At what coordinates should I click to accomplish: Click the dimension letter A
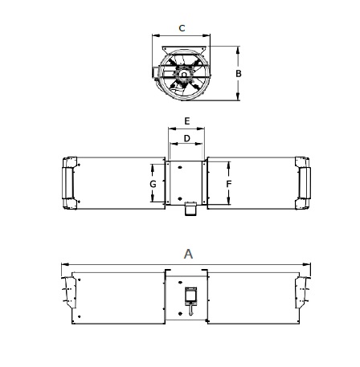tap(188, 254)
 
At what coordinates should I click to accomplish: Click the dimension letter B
tap(239, 74)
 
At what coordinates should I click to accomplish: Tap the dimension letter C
tap(182, 28)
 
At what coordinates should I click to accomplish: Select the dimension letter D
tap(187, 138)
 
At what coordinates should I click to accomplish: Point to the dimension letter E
tap(187, 121)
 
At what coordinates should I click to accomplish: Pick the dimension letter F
tap(229, 184)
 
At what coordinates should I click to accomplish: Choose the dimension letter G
tap(153, 184)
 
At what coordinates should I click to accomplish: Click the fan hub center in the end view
tap(184, 75)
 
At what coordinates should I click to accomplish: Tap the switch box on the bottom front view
tap(190, 296)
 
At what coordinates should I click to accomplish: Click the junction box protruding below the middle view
tap(190, 210)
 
